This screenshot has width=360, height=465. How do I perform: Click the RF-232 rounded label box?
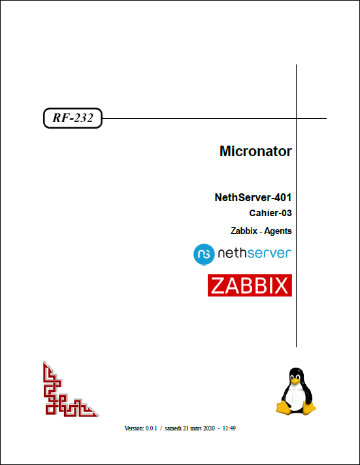coord(73,118)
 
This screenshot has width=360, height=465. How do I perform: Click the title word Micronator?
coord(255,152)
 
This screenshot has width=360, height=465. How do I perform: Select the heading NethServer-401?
coord(253,197)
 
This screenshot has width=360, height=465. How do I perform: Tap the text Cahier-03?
coord(270,213)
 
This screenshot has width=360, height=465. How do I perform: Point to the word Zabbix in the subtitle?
coord(244,231)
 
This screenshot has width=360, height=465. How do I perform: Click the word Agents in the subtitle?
coord(278,231)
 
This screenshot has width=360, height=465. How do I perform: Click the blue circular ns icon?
coord(204,254)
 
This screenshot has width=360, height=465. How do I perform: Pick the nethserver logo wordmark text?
coord(255,253)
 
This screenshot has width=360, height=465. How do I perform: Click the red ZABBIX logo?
coord(250,285)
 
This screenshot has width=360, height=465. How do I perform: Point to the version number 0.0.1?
coord(151,428)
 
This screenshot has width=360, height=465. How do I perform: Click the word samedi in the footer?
coord(173,428)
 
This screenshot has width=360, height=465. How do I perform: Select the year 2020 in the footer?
coord(209,428)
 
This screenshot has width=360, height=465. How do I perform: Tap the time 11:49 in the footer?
coord(229,428)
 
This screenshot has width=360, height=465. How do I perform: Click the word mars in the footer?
coord(196,428)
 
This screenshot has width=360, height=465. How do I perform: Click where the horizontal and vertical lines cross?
coord(296,119)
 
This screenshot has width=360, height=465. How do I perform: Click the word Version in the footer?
coord(134,428)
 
